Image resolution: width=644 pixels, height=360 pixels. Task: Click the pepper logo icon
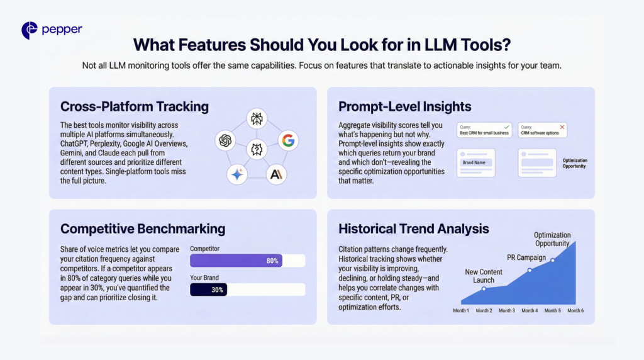click(x=29, y=30)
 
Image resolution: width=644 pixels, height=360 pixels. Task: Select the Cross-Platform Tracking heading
click(x=134, y=106)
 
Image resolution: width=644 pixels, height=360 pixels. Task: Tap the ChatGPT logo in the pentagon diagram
click(x=225, y=141)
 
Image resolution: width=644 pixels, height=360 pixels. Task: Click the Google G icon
click(x=287, y=140)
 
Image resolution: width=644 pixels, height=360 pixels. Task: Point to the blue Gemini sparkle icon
click(x=237, y=175)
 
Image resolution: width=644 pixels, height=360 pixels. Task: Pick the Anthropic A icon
click(x=275, y=175)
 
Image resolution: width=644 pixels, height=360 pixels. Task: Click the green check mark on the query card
click(x=506, y=127)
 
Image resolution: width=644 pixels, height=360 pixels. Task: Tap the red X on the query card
click(x=562, y=127)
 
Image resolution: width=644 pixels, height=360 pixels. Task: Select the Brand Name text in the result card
click(x=476, y=162)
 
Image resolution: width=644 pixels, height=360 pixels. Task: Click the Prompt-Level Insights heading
click(x=405, y=106)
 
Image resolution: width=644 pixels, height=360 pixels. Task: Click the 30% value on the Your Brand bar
click(x=218, y=290)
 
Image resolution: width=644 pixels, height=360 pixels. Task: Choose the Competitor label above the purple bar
click(x=205, y=249)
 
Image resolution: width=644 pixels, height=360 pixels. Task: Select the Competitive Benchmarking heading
click(x=142, y=228)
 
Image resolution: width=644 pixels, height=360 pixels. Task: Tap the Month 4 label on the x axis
click(x=530, y=310)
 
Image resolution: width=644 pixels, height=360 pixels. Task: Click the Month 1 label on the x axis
click(x=461, y=310)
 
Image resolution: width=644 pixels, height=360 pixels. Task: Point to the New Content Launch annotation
click(x=484, y=276)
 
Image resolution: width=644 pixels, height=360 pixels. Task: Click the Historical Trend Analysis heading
click(x=413, y=228)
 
